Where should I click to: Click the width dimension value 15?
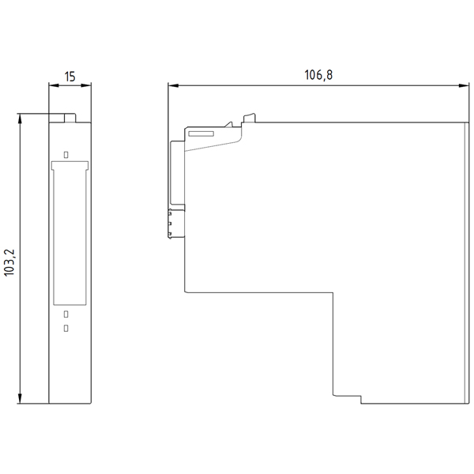click(x=70, y=77)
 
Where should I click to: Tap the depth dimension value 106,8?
click(x=314, y=75)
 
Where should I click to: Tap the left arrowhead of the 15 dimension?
click(x=52, y=85)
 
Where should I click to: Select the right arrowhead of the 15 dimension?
click(x=85, y=85)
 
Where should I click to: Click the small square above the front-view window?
click(x=66, y=154)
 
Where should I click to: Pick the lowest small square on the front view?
click(x=66, y=327)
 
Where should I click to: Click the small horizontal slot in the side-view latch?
click(x=202, y=134)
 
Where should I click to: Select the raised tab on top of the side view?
click(x=250, y=118)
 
